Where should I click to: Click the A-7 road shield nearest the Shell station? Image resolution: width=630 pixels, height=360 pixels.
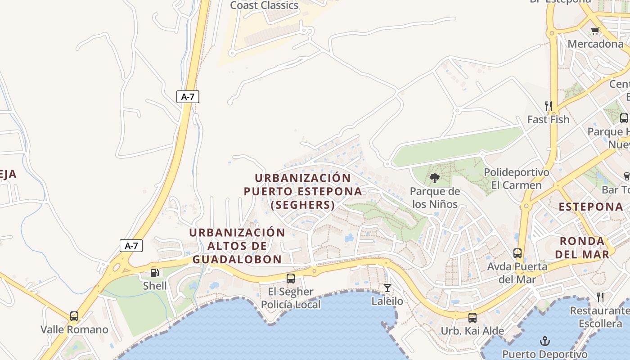[131, 246]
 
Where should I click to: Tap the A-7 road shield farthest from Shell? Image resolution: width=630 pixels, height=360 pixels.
[188, 96]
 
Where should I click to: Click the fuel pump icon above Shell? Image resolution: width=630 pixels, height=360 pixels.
[154, 272]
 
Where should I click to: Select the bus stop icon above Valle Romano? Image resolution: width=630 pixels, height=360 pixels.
[74, 316]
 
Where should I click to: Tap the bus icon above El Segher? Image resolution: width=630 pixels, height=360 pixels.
[291, 279]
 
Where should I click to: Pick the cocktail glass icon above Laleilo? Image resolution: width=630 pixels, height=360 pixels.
[387, 288]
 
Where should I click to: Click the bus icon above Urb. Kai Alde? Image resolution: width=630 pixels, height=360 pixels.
[472, 318]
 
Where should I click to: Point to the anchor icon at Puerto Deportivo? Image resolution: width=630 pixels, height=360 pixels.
[545, 341]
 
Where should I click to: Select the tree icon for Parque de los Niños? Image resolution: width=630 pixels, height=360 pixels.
[434, 179]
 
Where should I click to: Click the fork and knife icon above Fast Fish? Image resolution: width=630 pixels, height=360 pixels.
[548, 106]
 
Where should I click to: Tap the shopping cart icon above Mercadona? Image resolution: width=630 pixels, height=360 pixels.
[595, 31]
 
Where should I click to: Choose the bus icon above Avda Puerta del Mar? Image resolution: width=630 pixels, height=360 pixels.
[517, 253]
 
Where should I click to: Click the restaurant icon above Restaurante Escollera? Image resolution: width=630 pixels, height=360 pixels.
[600, 297]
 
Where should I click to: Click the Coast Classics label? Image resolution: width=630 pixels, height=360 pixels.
[264, 5]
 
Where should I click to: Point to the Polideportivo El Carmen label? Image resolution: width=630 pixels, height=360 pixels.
[516, 179]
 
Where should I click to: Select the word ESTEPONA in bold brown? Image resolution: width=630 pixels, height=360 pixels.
[591, 207]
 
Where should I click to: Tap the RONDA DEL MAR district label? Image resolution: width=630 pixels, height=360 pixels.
[582, 247]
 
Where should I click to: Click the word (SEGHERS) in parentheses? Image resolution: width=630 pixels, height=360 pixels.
[303, 205]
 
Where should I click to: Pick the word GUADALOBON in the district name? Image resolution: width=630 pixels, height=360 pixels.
[237, 260]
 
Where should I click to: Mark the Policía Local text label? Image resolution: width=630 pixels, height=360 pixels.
[291, 305]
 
